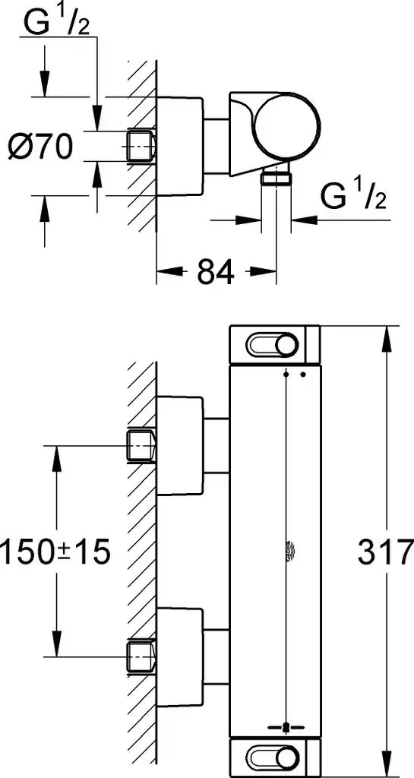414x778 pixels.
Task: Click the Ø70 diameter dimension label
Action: pyautogui.click(x=41, y=147)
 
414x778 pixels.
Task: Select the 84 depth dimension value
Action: pyautogui.click(x=216, y=271)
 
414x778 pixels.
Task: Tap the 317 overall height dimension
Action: pyautogui.click(x=385, y=552)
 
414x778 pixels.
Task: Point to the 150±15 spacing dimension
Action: pyautogui.click(x=55, y=552)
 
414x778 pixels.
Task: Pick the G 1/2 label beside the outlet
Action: pyautogui.click(x=353, y=196)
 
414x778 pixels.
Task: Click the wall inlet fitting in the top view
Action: pyautogui.click(x=141, y=146)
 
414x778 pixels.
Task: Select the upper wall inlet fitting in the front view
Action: pyautogui.click(x=141, y=446)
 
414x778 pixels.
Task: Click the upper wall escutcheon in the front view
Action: pyautogui.click(x=180, y=445)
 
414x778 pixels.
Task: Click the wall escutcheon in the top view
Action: pyautogui.click(x=180, y=146)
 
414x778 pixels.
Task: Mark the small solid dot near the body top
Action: pyautogui.click(x=303, y=375)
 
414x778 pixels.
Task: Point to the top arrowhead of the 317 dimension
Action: pyautogui.click(x=385, y=337)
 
